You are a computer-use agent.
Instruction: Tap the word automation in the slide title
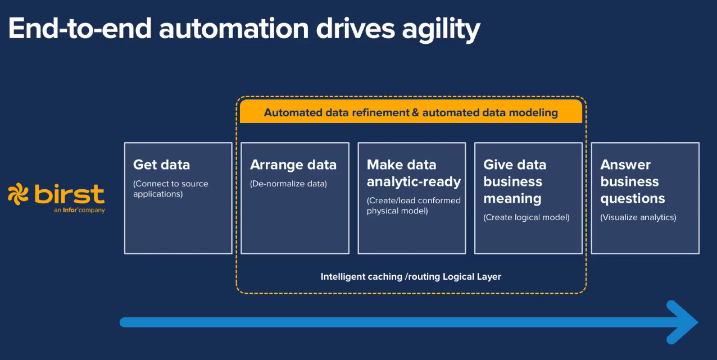point(234,29)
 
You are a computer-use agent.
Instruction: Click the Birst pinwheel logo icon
point(18,194)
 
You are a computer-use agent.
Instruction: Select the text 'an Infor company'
point(79,210)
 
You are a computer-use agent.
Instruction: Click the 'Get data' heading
point(161,165)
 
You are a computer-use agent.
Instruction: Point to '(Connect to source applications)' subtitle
point(171,189)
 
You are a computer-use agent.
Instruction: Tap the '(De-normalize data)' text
point(288,184)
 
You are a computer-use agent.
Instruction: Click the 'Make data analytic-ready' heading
point(414,174)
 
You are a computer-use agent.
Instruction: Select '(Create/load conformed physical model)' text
point(414,206)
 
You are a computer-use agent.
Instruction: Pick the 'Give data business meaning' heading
point(515,182)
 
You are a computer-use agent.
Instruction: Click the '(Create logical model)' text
point(527,217)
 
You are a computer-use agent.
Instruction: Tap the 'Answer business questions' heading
point(633,182)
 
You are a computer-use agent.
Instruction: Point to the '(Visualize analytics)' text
point(638,217)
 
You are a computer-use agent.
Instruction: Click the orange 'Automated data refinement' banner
point(411,111)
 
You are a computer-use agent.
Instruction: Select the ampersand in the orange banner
point(415,113)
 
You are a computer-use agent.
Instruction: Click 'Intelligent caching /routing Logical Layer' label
point(411,276)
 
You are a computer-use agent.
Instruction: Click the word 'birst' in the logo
point(70,194)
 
